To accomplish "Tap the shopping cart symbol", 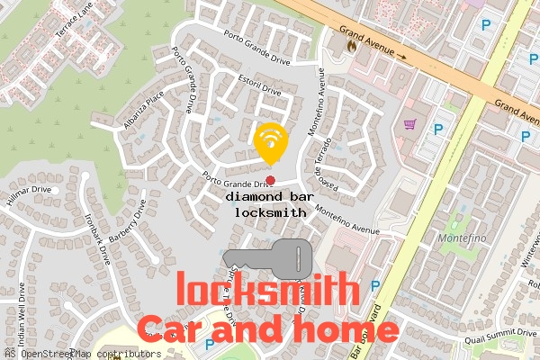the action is pos(410,125).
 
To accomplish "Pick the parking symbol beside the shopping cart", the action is pos(438,129).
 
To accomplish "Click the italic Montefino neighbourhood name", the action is pos(460,240).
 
